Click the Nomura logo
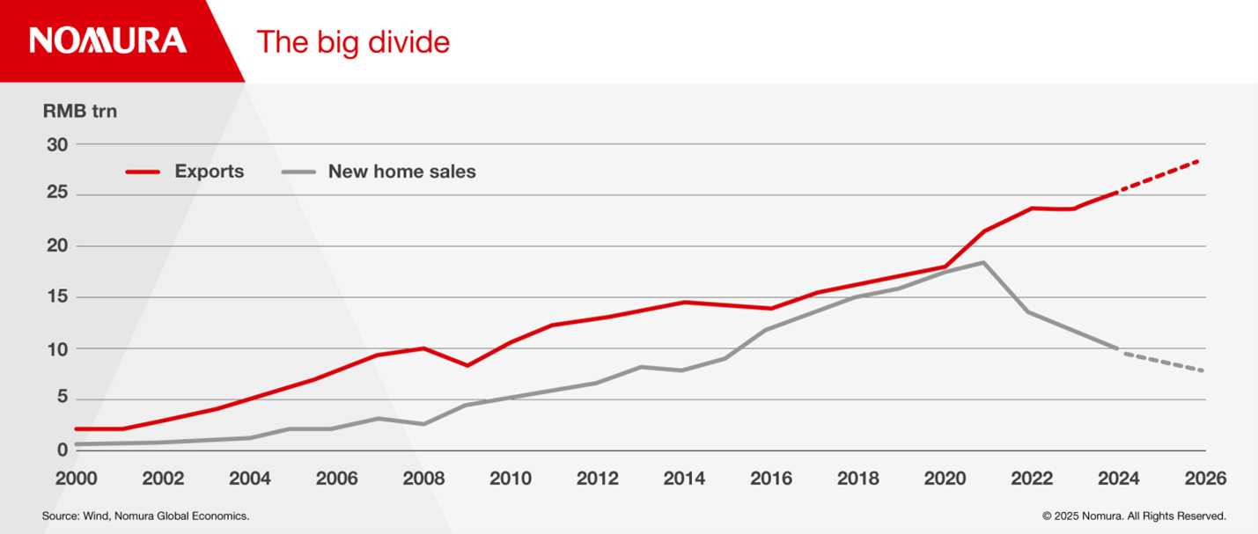(108, 40)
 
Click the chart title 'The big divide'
(353, 42)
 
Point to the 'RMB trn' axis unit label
(79, 112)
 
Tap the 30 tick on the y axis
(58, 143)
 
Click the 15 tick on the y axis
(58, 297)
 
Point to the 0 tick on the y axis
(63, 450)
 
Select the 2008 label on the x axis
(423, 479)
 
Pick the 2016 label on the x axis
(771, 479)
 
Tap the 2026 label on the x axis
(1205, 479)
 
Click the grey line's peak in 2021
(983, 262)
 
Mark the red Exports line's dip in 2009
(467, 365)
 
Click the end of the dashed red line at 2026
(1200, 161)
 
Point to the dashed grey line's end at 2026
(1200, 370)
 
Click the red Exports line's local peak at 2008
(423, 348)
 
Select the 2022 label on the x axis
(1032, 479)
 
